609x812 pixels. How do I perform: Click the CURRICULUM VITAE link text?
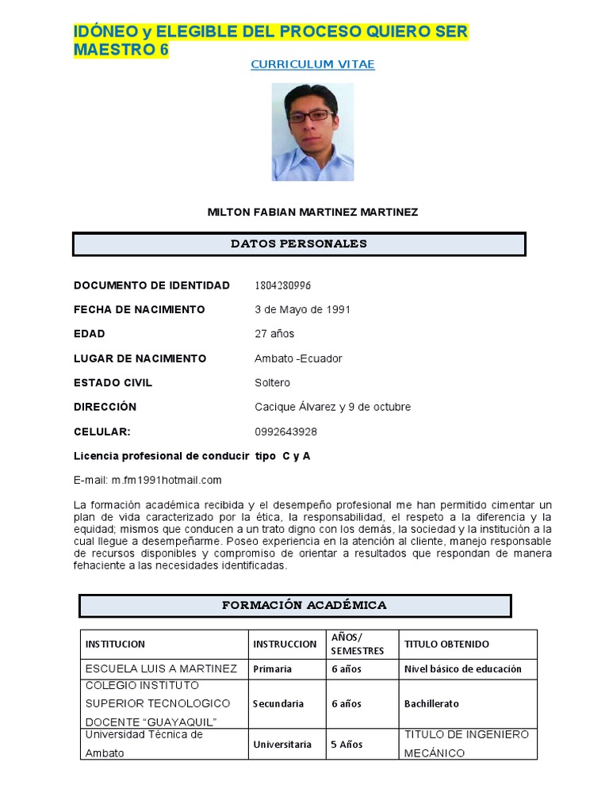point(312,65)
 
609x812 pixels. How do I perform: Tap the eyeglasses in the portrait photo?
point(310,116)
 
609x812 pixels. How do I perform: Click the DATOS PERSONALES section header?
point(299,244)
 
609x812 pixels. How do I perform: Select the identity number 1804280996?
point(283,285)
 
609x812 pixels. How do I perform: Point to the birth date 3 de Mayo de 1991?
point(302,309)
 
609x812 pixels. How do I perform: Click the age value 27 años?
point(274,334)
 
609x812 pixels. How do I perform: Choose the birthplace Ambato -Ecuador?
point(298,358)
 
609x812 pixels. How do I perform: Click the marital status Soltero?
point(272,383)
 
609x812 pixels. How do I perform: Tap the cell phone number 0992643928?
point(285,432)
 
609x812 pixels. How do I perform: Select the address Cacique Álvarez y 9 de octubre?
point(332,408)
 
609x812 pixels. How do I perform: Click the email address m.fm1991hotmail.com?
point(167,481)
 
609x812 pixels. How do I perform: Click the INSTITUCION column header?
point(115,645)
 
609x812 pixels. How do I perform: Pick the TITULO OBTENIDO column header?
point(446,645)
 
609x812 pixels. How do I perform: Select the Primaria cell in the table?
point(272,669)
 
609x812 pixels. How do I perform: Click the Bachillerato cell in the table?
point(431,704)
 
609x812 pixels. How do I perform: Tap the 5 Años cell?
point(347,745)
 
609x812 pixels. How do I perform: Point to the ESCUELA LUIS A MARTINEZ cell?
point(161,669)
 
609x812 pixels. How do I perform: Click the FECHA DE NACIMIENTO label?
point(139,309)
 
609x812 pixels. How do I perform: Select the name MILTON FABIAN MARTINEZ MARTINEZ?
point(312,213)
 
